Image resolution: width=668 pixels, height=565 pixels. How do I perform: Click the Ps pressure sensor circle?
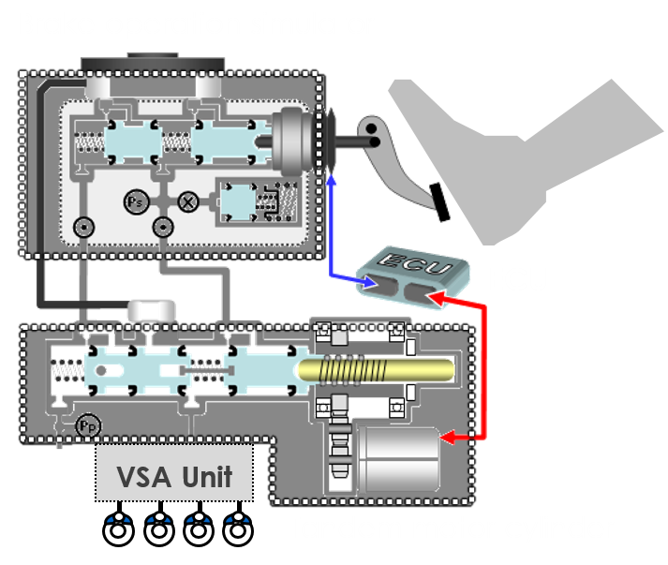[x=133, y=199]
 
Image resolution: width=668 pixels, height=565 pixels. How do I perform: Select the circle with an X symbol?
[x=186, y=200]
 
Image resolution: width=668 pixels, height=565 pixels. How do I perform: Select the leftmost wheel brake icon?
[x=118, y=530]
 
